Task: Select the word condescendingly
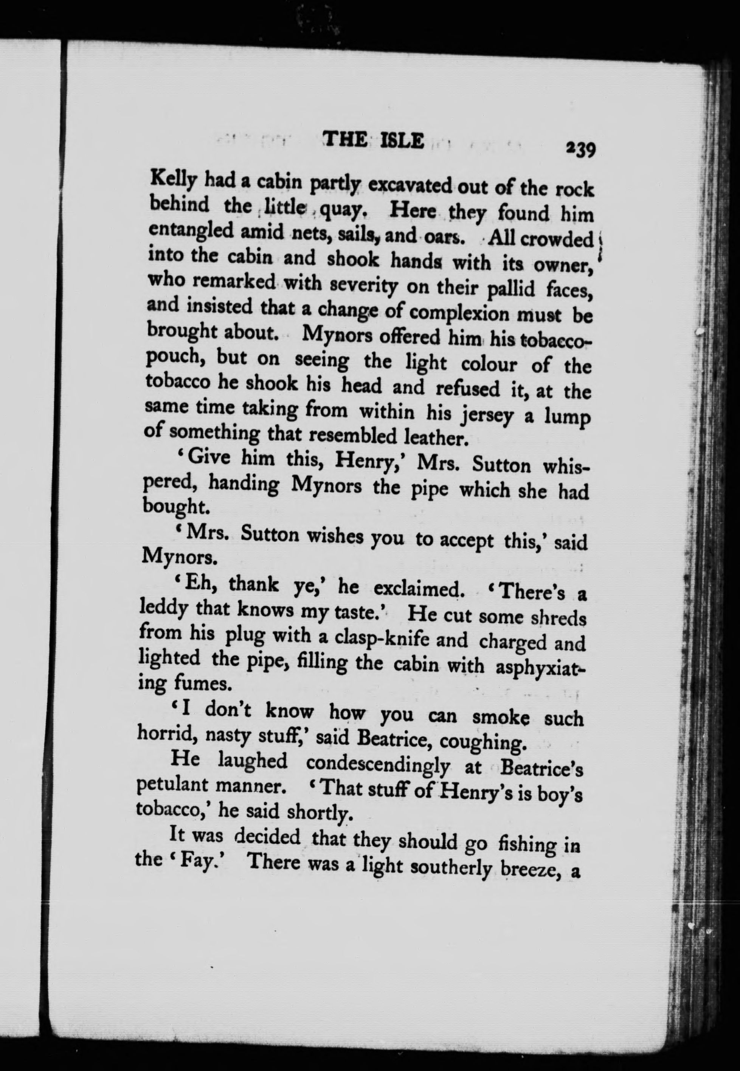pos(378,765)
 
